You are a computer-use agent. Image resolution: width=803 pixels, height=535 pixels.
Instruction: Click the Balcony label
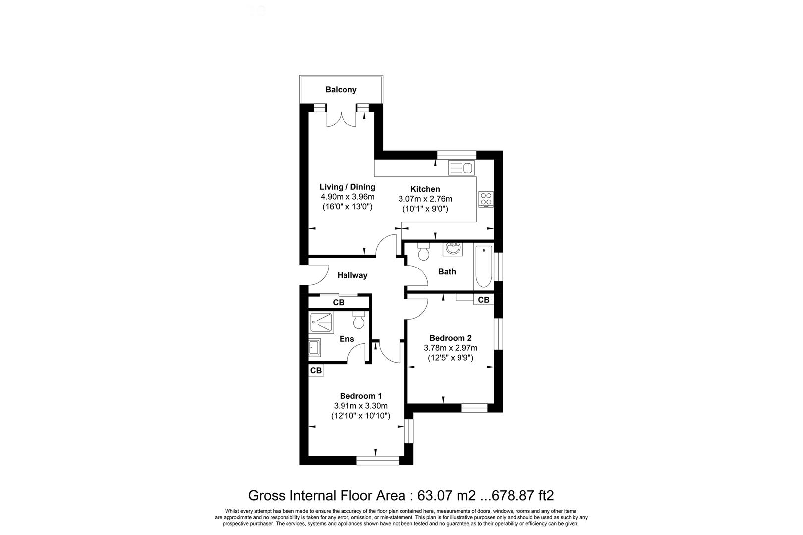click(341, 90)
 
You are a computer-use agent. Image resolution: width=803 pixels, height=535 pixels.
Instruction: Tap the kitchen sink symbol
click(461, 168)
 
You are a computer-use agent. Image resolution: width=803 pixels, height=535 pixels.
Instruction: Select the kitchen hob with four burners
click(486, 199)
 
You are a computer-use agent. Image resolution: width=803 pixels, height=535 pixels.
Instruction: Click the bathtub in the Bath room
click(483, 267)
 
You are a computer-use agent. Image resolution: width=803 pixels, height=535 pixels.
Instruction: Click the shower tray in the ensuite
click(322, 322)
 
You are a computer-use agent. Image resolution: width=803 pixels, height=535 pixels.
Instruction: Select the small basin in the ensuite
click(314, 347)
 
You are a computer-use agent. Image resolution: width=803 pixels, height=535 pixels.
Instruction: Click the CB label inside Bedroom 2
click(483, 300)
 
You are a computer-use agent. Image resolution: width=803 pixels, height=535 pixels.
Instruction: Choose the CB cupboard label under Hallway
click(339, 302)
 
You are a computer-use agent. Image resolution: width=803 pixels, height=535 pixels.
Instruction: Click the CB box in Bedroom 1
click(316, 370)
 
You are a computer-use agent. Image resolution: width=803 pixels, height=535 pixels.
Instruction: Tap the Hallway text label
click(352, 275)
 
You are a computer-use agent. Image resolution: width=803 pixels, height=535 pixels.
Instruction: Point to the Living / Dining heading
click(347, 187)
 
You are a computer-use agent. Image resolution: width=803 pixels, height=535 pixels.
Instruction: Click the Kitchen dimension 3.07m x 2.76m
click(425, 199)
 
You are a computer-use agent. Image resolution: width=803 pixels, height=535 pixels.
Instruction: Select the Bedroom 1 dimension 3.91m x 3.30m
click(360, 406)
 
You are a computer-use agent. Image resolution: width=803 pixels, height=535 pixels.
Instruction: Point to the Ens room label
click(347, 339)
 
